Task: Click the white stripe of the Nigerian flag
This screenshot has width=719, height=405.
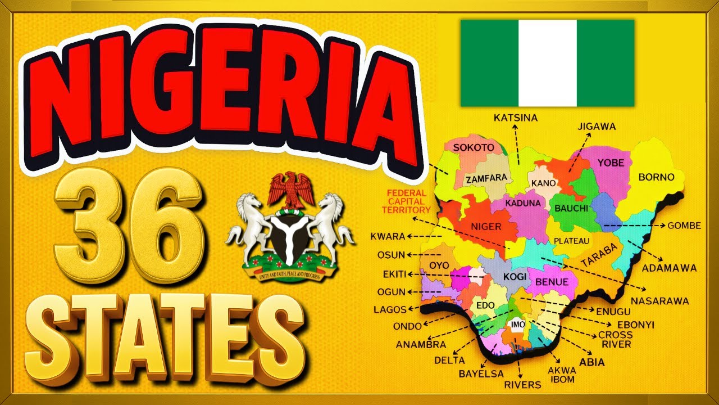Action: [547, 63]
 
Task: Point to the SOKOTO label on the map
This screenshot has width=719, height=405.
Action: [474, 147]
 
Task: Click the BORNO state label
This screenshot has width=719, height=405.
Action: [656, 177]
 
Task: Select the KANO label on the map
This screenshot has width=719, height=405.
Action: [543, 183]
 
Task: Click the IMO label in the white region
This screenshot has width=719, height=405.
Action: [517, 325]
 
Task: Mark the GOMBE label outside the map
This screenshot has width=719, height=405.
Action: [684, 226]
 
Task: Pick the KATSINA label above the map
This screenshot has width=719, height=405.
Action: [516, 118]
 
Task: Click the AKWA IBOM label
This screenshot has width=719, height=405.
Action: [562, 375]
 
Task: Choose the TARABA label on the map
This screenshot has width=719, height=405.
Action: [599, 255]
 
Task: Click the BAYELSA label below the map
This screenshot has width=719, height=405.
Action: [481, 373]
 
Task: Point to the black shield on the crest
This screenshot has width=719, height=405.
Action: [290, 236]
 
